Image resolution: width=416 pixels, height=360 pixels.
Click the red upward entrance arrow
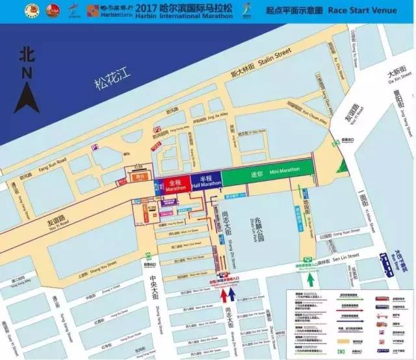(x=225, y=296)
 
